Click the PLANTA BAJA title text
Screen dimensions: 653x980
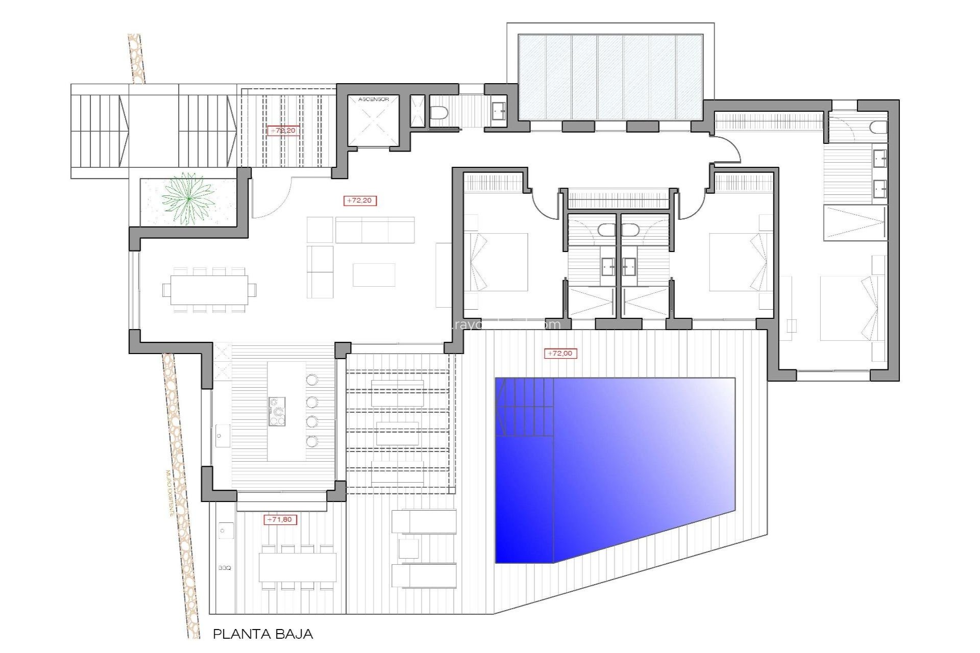click(262, 634)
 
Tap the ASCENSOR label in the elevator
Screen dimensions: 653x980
click(373, 99)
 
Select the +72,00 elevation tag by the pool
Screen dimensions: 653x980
click(560, 353)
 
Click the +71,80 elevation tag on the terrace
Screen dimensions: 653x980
click(280, 519)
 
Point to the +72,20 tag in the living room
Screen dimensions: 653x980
click(360, 200)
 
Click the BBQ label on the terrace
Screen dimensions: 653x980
click(225, 568)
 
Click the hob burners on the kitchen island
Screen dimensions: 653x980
click(277, 411)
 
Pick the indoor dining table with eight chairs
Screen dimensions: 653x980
click(209, 290)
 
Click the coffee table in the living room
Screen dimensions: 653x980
click(374, 275)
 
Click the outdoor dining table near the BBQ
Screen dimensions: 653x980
click(298, 567)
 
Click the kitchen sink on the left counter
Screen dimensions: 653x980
click(222, 437)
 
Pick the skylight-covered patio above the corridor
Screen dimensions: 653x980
click(610, 77)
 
